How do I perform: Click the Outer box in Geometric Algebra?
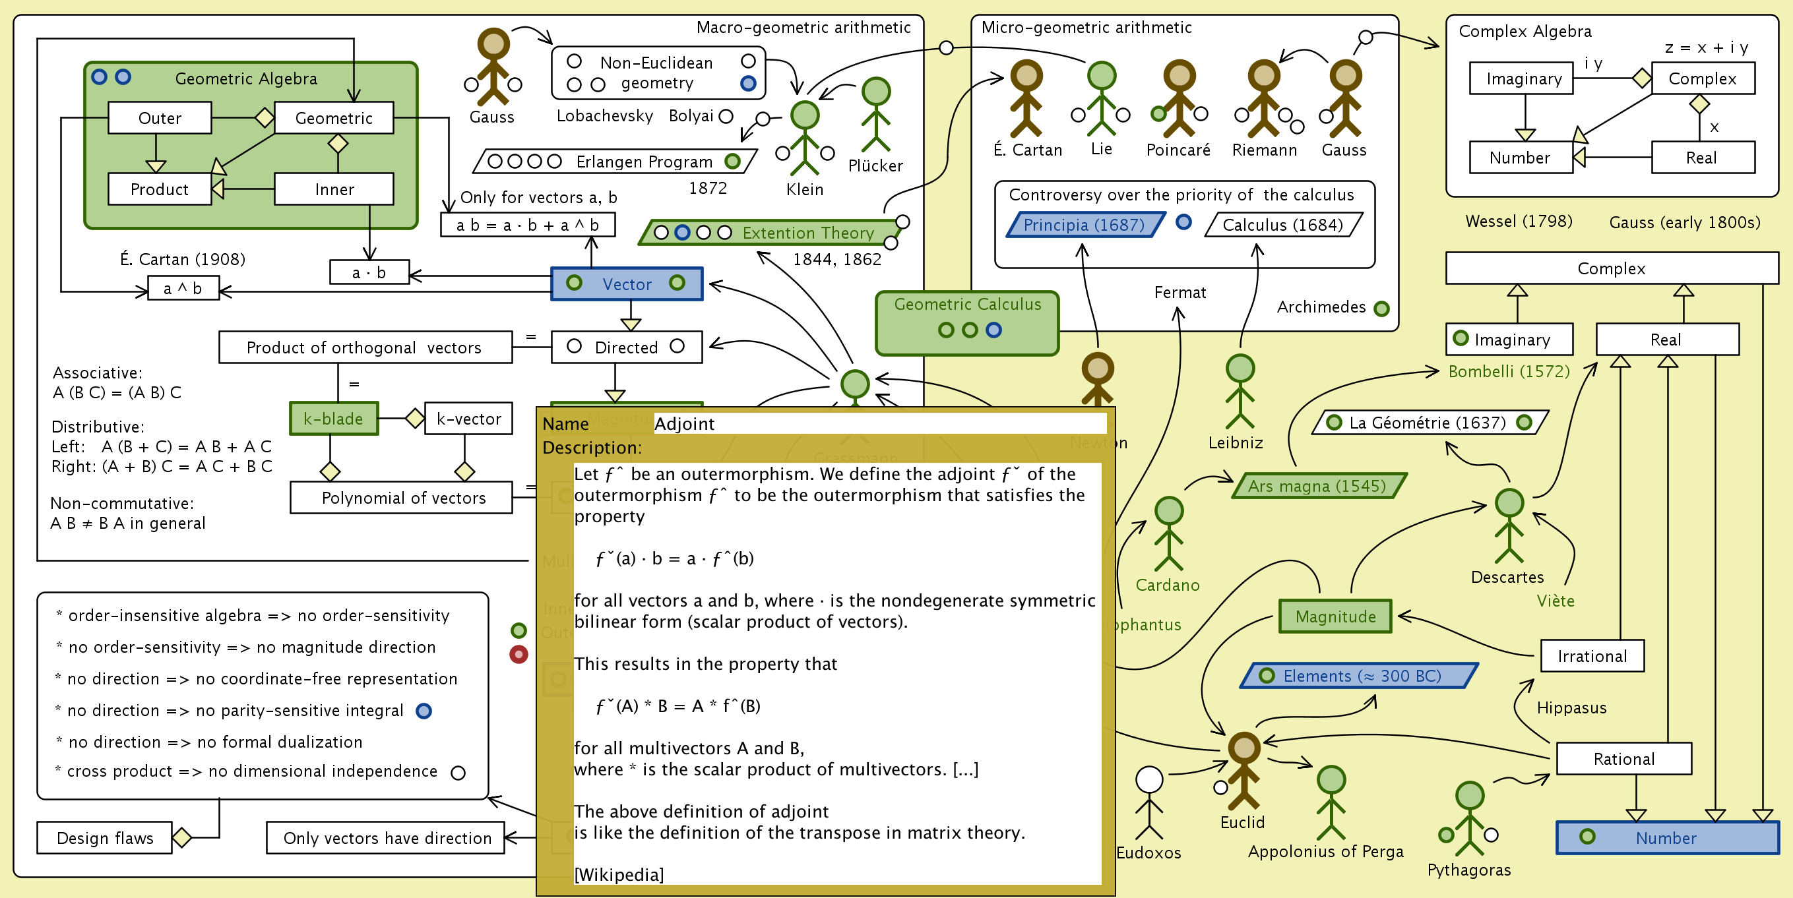tap(160, 118)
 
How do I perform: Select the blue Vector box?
tap(627, 284)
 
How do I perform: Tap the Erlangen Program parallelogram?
tap(615, 162)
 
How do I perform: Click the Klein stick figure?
tap(805, 138)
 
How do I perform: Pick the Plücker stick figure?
tap(875, 115)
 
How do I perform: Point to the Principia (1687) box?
tap(1084, 225)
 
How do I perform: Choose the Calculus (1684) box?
tap(1282, 225)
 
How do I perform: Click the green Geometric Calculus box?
tap(967, 323)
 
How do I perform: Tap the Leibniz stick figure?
tap(1240, 391)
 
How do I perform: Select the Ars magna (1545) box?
tap(1317, 485)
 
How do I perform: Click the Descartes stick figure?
tap(1508, 526)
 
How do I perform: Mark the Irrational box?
tap(1592, 656)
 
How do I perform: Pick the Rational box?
tap(1623, 758)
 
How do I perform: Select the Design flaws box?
tap(104, 837)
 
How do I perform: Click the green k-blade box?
tap(333, 419)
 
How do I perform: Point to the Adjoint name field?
tap(879, 423)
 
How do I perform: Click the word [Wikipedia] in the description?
tap(619, 874)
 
